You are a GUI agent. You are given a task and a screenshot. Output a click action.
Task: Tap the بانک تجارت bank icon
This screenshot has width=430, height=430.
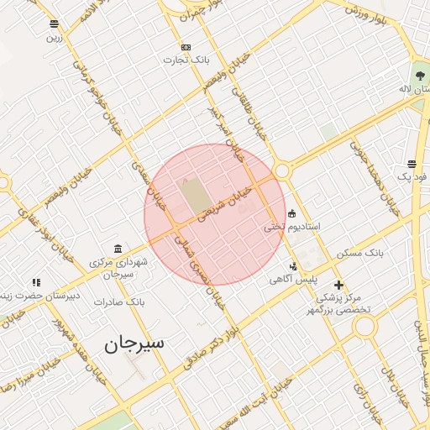(186, 47)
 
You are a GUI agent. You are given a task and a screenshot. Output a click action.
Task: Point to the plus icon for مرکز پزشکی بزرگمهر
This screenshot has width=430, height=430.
(338, 285)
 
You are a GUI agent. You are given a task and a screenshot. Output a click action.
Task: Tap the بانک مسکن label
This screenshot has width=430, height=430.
(360, 252)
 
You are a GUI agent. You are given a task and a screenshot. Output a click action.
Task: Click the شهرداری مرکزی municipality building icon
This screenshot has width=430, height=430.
(117, 249)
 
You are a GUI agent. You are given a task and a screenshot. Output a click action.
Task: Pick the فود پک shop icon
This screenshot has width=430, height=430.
(412, 164)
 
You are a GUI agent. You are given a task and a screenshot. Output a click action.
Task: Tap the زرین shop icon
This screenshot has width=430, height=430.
(55, 24)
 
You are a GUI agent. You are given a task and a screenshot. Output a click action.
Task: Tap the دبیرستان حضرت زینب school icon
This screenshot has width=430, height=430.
(35, 283)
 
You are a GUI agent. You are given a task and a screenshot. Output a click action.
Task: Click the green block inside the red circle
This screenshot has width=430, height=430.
(192, 196)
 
